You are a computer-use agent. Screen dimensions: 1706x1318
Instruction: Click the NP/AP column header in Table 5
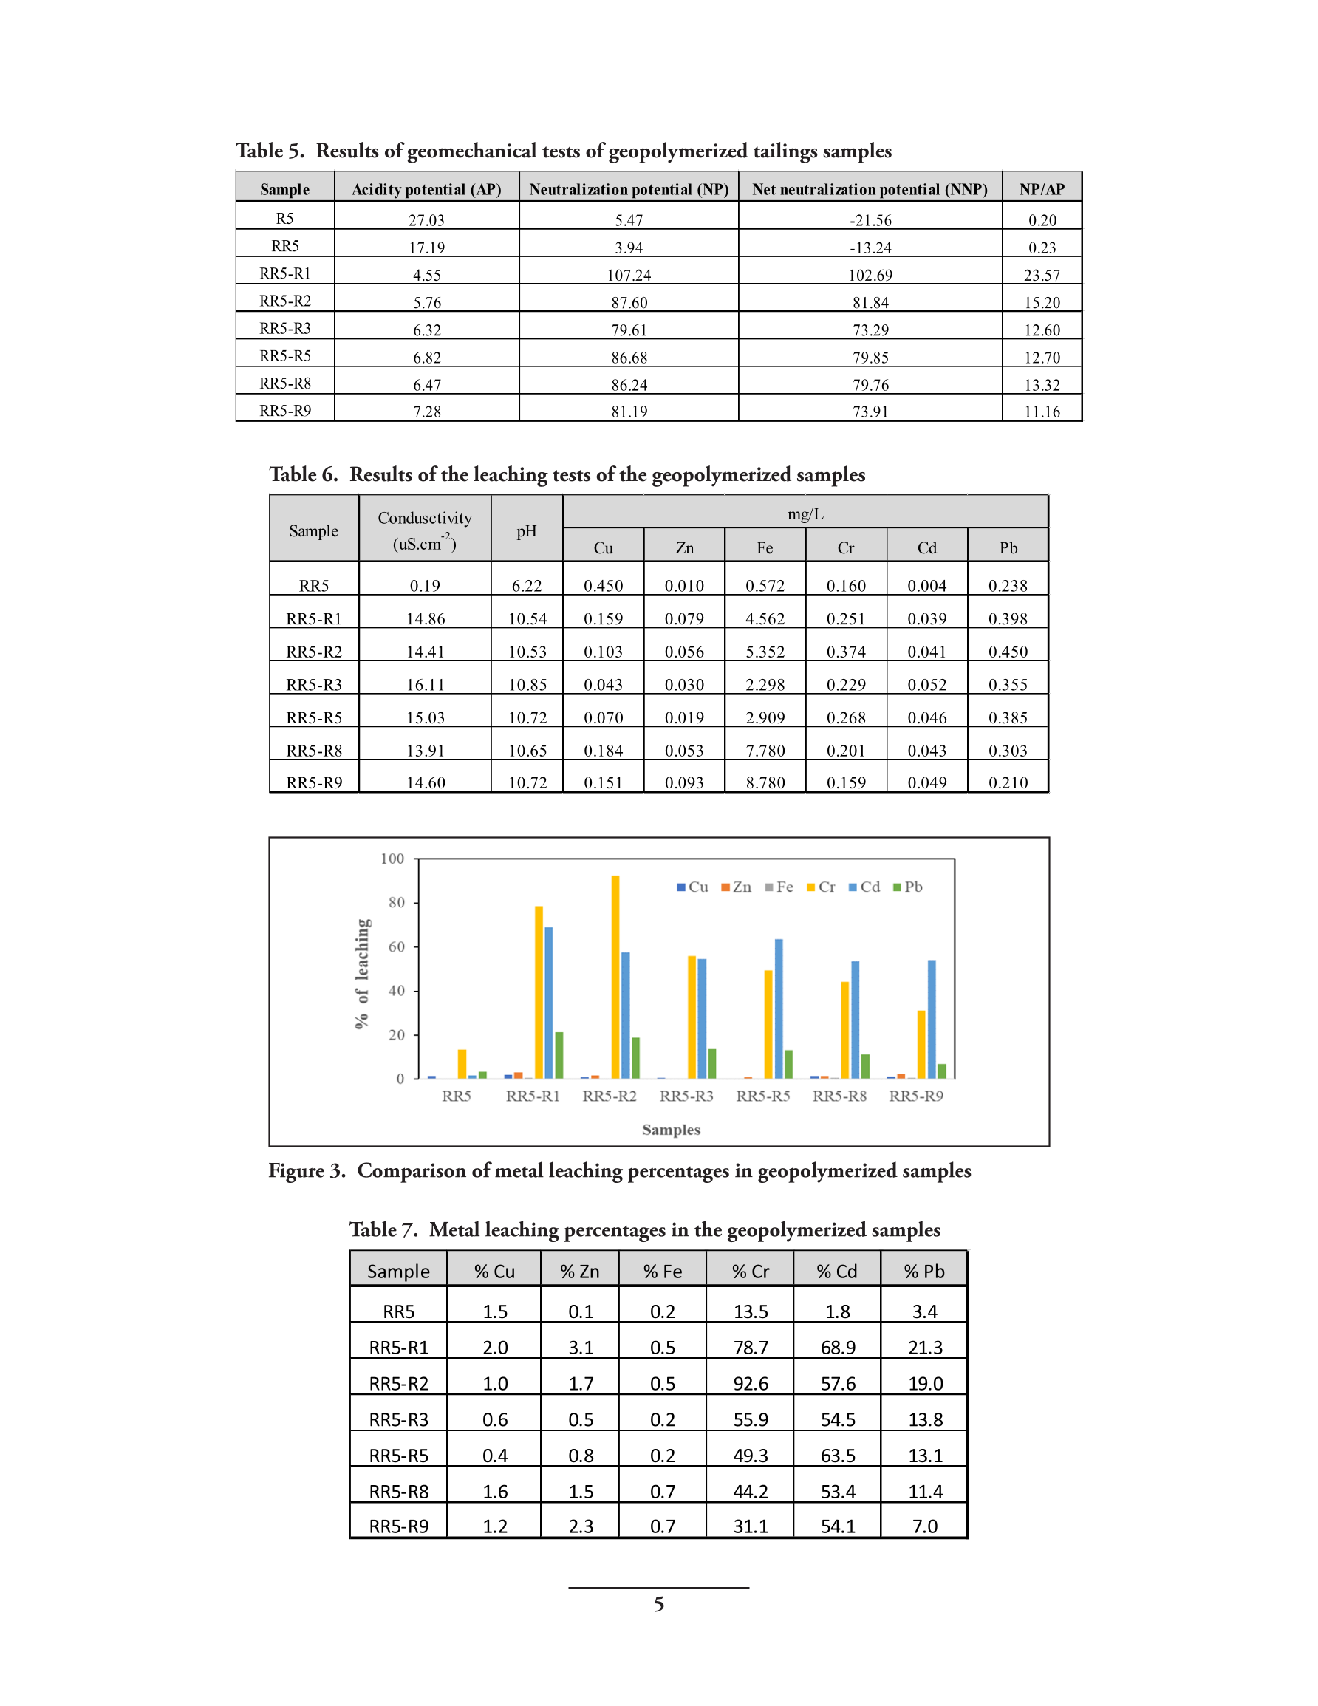1041,189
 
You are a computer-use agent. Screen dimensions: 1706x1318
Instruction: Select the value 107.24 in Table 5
628,275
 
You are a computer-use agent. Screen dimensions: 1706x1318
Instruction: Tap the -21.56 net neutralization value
870,220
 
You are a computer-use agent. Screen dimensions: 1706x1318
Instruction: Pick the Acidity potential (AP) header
426,189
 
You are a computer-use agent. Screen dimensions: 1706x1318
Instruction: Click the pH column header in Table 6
526,531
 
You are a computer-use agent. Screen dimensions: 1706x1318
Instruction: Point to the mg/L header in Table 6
805,514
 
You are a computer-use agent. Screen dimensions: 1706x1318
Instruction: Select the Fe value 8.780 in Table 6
764,782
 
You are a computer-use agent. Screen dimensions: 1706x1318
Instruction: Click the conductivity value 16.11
425,684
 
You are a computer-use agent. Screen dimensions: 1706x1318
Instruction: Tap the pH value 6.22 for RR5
526,585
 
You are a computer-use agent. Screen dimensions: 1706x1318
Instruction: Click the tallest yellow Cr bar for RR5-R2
615,977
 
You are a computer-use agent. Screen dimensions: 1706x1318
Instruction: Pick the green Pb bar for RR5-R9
941,1071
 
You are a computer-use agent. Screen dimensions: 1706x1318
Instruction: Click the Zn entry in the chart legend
736,887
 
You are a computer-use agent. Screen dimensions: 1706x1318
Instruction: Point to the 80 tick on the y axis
396,902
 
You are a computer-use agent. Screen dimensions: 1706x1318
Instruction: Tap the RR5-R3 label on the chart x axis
686,1096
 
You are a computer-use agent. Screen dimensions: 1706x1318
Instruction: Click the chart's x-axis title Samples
670,1130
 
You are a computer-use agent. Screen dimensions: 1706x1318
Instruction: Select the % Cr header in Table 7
750,1271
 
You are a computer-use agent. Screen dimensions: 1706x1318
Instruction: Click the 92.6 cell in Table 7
750,1383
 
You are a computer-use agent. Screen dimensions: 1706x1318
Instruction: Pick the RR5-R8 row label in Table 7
398,1491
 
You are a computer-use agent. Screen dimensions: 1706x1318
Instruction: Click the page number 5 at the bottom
658,1604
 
